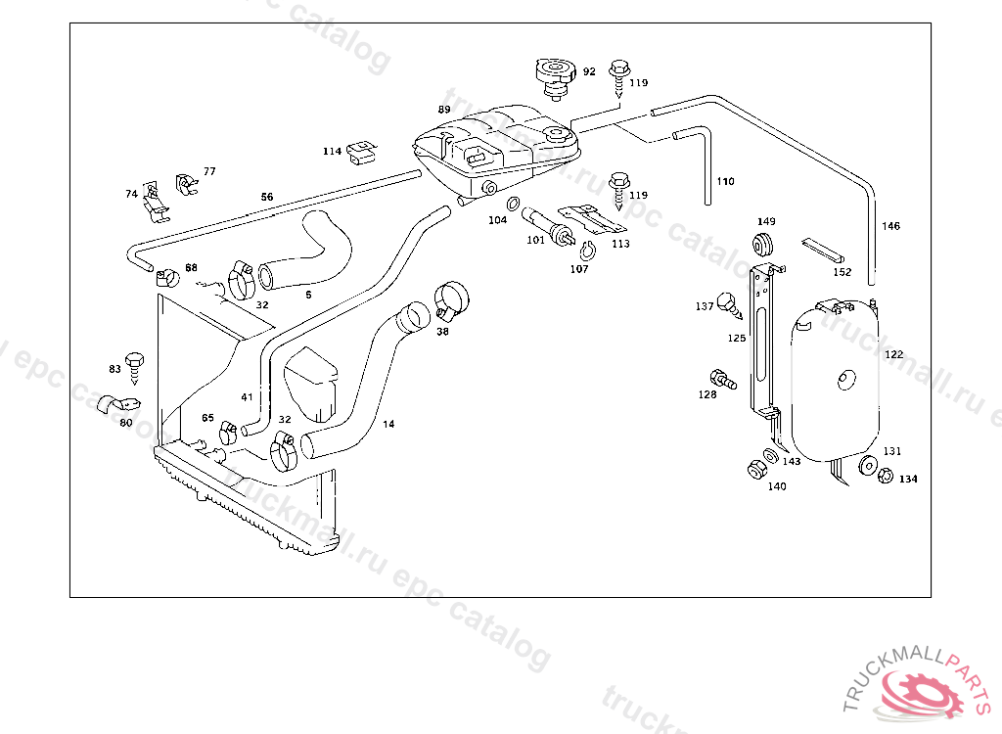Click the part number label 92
589,71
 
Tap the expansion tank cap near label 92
555,76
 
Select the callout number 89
444,110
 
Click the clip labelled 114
363,151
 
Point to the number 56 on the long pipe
267,197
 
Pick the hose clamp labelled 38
451,298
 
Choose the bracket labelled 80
123,403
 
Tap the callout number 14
388,424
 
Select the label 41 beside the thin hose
247,397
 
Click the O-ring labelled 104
513,205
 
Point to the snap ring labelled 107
588,248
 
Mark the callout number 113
620,244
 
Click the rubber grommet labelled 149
764,243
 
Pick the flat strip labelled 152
820,248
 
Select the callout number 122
893,354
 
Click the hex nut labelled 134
884,477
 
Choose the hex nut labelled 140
756,470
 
